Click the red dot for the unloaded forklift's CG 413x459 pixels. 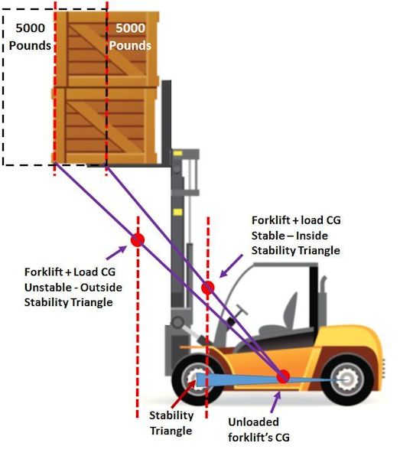pos(283,376)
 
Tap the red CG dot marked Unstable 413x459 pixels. pos(138,240)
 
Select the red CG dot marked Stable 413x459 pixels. pos(208,288)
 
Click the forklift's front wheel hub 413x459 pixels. pos(195,379)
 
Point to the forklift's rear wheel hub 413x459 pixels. pos(347,379)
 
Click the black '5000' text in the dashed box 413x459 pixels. pos(30,28)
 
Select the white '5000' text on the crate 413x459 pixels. pos(130,28)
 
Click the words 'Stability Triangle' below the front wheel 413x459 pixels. pos(171,423)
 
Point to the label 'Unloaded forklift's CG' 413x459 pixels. pos(259,430)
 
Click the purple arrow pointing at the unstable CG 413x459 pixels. pos(116,252)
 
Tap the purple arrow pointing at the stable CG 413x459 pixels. pos(231,265)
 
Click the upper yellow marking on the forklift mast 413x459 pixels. pos(177,153)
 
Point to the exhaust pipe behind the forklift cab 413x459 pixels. pos(323,298)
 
